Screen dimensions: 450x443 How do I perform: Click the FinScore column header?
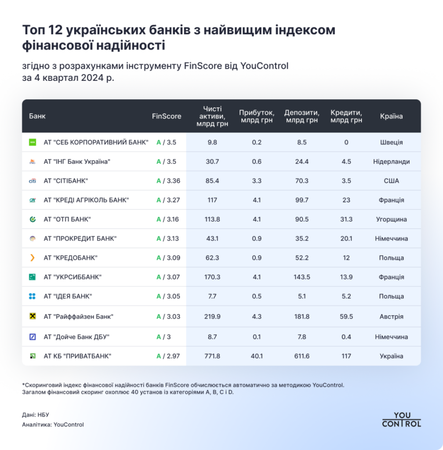point(167,116)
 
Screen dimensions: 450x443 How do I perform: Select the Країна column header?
point(391,116)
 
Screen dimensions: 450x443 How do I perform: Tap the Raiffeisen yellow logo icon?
point(32,316)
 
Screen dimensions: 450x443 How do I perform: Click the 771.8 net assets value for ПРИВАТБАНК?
point(212,356)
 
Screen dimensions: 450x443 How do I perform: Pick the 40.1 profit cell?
point(257,356)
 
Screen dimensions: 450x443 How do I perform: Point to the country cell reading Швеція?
point(391,142)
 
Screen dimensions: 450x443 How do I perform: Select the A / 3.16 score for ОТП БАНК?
point(167,219)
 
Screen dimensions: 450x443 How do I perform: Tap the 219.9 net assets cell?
point(212,316)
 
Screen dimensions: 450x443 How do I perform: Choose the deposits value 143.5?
point(302,277)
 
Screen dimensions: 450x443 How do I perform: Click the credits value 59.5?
point(346,316)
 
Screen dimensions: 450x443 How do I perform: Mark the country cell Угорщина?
point(391,219)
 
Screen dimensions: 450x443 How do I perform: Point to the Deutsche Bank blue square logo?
point(32,337)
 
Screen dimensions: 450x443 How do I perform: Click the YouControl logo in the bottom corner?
point(401,420)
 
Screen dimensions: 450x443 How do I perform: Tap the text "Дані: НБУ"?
point(35,414)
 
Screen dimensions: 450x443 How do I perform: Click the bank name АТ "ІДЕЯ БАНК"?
point(68,296)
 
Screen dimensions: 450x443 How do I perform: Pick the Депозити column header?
point(302,116)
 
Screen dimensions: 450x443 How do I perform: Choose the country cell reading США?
point(391,181)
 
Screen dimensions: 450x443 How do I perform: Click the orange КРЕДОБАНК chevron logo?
point(32,258)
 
